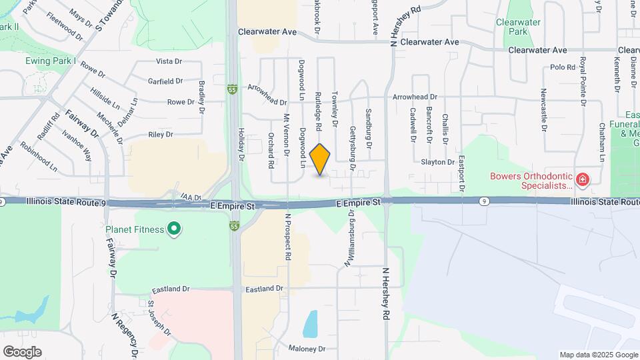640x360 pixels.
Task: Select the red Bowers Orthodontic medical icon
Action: pyautogui.click(x=582, y=179)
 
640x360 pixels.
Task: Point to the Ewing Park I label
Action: pyautogui.click(x=53, y=61)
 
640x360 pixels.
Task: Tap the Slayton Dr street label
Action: pyautogui.click(x=438, y=162)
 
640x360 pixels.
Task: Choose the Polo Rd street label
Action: pyautogui.click(x=563, y=67)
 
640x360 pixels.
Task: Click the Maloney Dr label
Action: pyautogui.click(x=307, y=349)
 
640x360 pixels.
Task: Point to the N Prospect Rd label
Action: pyautogui.click(x=288, y=237)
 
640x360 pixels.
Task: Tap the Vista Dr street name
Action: pyautogui.click(x=169, y=61)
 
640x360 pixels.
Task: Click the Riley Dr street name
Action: pyautogui.click(x=161, y=135)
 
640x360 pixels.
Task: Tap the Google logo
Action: pyautogui.click(x=22, y=352)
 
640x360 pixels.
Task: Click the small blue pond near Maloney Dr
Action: pyautogui.click(x=311, y=325)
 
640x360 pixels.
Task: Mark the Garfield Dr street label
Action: pyautogui.click(x=166, y=81)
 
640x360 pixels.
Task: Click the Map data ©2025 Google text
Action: pyautogui.click(x=598, y=355)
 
